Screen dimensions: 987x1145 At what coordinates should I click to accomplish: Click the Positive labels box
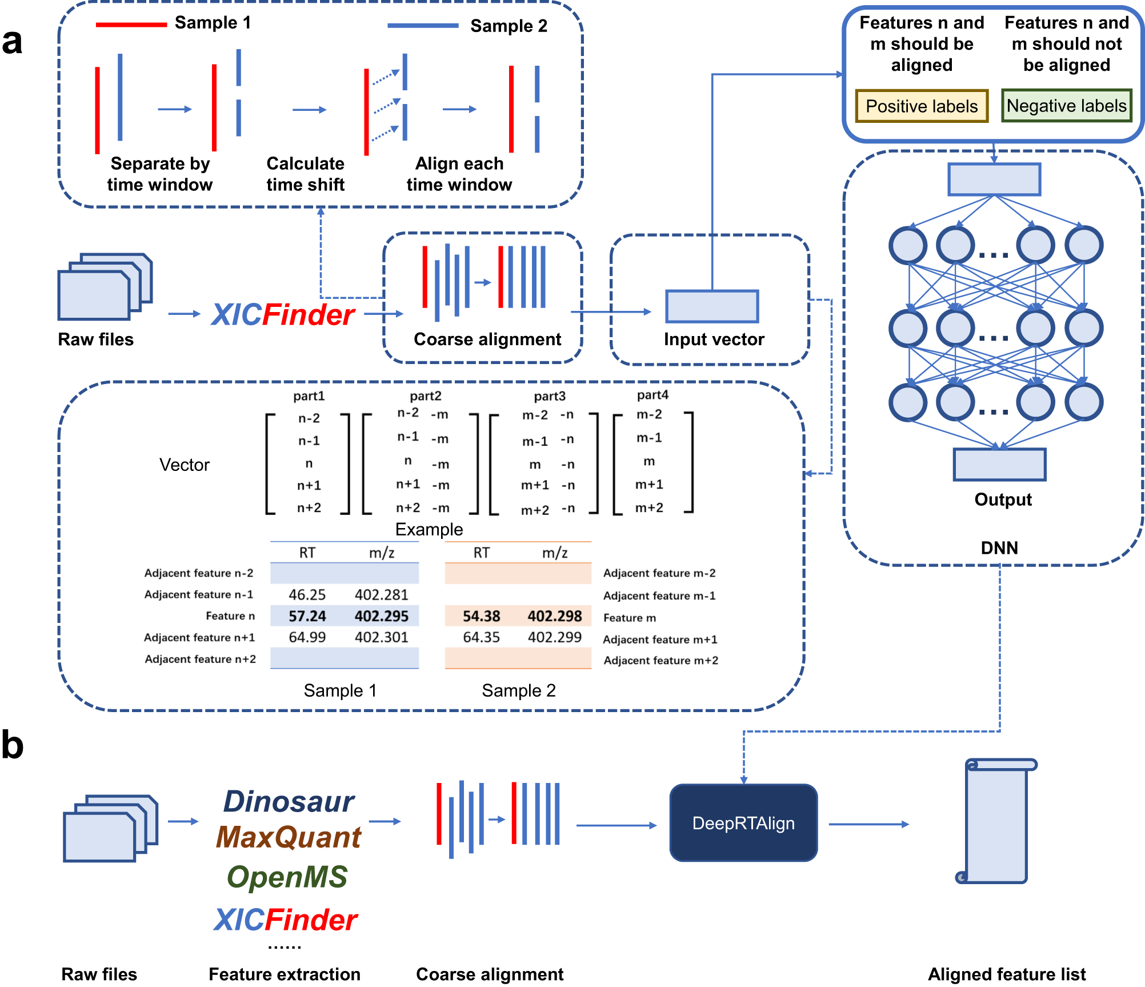click(x=921, y=106)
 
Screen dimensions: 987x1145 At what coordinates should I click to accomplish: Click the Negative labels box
click(x=1066, y=106)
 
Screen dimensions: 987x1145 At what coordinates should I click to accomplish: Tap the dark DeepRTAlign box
click(x=743, y=823)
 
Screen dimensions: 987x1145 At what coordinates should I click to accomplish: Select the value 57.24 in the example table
click(x=307, y=616)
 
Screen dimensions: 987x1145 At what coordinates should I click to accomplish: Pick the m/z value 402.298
click(x=554, y=616)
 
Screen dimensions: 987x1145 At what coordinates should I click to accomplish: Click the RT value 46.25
click(x=307, y=595)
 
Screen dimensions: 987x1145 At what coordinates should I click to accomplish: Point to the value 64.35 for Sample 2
click(x=481, y=637)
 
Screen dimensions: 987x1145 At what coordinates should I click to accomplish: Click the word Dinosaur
click(x=289, y=801)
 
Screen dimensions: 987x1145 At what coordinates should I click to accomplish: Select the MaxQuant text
click(x=289, y=837)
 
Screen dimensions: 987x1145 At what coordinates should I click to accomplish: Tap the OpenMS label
click(x=287, y=877)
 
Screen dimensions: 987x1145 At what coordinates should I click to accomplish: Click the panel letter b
click(x=13, y=746)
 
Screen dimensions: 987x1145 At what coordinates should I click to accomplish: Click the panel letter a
click(x=13, y=42)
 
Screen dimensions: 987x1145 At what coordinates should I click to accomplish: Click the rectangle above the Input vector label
click(x=712, y=306)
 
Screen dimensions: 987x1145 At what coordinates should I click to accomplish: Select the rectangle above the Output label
click(x=999, y=464)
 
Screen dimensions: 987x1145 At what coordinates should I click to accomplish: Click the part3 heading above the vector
click(x=550, y=396)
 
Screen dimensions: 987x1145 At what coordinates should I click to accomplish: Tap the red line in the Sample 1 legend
click(x=131, y=25)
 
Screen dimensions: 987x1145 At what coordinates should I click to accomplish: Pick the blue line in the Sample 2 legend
click(x=423, y=26)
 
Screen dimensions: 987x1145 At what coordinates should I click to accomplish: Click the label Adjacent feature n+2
click(x=200, y=659)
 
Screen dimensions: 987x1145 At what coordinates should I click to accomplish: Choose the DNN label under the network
click(x=999, y=548)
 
